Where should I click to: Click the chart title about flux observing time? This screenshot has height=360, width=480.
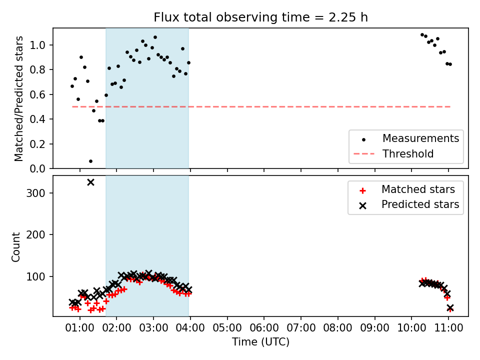coord(260,17)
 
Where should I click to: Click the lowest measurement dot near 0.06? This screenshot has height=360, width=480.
coord(90,161)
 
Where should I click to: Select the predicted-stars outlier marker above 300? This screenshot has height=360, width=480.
coord(90,182)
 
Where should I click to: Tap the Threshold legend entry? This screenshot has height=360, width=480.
coord(393,153)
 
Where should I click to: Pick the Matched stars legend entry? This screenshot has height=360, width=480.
coord(406,190)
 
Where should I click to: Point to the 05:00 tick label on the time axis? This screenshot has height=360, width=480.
coord(227,328)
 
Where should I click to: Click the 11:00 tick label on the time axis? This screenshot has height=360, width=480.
coord(448,328)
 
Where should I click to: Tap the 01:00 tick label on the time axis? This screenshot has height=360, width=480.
coord(80,328)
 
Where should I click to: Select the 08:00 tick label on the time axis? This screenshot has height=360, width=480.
coord(337,328)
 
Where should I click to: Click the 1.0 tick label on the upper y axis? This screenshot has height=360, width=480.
coord(37,45)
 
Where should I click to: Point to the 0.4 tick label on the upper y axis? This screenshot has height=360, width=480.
coord(37,119)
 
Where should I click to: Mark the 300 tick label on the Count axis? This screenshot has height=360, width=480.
coord(35,193)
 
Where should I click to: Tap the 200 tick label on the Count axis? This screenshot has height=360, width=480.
coord(35,235)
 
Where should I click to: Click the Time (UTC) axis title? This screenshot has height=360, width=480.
coord(260,341)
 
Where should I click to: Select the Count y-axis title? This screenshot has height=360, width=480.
coord(15,246)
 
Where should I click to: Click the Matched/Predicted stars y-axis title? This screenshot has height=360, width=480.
coord(18,98)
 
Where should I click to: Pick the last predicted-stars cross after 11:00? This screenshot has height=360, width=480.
coord(450,308)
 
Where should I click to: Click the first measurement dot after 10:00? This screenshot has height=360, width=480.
coord(422,35)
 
